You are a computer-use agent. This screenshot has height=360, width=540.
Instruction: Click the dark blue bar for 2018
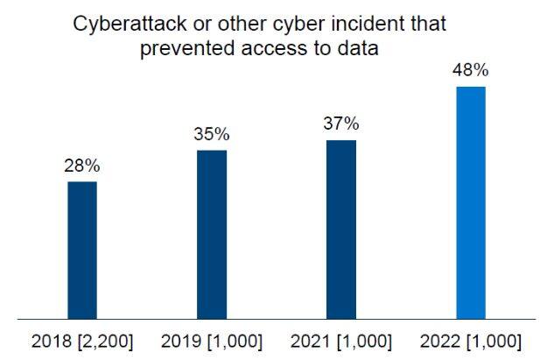click(82, 250)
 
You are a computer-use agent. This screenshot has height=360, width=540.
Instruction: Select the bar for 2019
click(212, 234)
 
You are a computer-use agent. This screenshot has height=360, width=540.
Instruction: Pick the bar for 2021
click(341, 229)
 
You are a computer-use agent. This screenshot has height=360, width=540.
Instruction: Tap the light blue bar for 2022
click(471, 202)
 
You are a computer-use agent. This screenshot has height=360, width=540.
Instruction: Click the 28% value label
click(82, 166)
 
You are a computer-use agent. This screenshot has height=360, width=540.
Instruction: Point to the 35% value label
click(212, 134)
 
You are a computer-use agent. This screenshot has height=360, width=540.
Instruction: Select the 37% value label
click(341, 124)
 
